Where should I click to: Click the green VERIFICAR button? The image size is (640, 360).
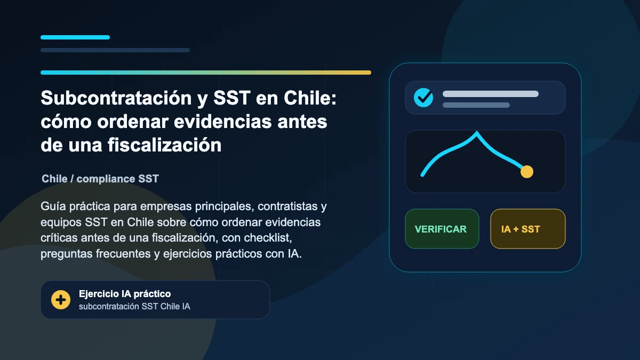(442, 229)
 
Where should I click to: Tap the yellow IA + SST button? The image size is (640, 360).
(527, 229)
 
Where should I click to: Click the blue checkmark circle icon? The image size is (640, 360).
(423, 98)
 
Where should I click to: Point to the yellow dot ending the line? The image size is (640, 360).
(527, 172)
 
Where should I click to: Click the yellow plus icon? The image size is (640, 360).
(61, 300)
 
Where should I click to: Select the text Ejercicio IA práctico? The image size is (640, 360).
(125, 294)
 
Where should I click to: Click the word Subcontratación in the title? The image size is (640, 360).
(116, 98)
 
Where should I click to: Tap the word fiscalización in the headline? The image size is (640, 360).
(165, 145)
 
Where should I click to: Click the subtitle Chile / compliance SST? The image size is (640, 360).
(100, 179)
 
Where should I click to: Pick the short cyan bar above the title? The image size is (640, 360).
(75, 37)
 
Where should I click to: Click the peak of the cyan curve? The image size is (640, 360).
(477, 132)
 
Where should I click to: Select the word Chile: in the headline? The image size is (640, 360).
(310, 98)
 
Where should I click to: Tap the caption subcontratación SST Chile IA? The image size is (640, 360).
(134, 306)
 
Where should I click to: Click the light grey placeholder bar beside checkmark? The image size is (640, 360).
(491, 94)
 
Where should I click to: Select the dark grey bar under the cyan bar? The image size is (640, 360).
(115, 50)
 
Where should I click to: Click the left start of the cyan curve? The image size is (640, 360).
(422, 175)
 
